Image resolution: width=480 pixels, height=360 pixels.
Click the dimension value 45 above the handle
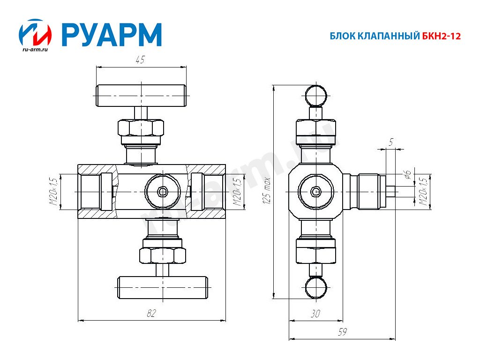[x=140, y=60]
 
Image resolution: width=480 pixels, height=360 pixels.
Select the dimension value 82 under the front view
[x=151, y=313]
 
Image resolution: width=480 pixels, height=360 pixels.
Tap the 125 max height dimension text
[x=267, y=190]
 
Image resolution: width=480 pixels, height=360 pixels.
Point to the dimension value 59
[x=342, y=332]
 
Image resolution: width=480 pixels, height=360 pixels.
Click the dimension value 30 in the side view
[x=315, y=314]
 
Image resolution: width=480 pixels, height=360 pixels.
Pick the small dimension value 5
[x=391, y=142]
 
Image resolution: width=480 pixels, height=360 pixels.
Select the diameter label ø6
[x=407, y=174]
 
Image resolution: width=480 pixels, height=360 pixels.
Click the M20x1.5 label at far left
[x=53, y=191]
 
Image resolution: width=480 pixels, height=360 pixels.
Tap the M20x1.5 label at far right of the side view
[x=423, y=192]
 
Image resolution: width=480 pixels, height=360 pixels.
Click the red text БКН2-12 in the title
[x=442, y=36]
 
